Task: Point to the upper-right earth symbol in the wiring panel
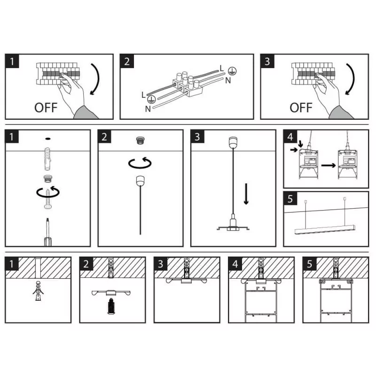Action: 231,71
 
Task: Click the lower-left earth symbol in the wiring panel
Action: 151,99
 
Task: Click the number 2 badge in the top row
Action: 127,61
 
